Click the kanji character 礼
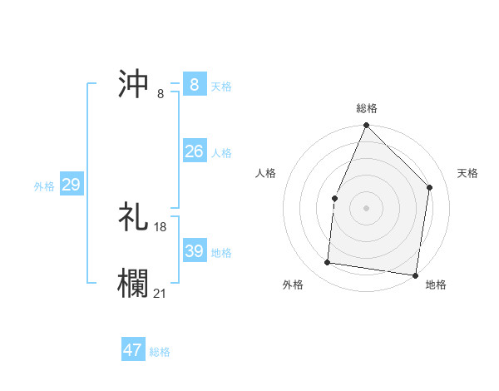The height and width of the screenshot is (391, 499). [134, 217]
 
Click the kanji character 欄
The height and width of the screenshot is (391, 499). [134, 281]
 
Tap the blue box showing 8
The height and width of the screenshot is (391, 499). [194, 85]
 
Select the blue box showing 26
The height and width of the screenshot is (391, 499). [194, 151]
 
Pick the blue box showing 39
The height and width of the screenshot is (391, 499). [194, 251]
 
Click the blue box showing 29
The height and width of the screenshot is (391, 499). [71, 185]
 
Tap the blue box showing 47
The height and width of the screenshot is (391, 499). [132, 350]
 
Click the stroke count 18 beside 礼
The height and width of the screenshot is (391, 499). [161, 227]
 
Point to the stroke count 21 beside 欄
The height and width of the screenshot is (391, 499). [161, 292]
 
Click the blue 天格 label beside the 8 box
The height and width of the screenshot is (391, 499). [221, 86]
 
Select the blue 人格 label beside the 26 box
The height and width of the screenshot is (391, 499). [221, 152]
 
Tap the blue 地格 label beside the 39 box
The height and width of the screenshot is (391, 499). [221, 252]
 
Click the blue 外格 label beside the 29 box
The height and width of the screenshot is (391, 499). [44, 186]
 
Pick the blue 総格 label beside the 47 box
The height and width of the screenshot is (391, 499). [160, 352]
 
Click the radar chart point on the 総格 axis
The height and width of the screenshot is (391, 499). [366, 126]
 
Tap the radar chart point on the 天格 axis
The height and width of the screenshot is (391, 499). [430, 187]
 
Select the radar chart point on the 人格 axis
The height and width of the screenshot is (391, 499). [334, 198]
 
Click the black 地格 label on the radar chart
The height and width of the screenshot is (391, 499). [436, 285]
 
